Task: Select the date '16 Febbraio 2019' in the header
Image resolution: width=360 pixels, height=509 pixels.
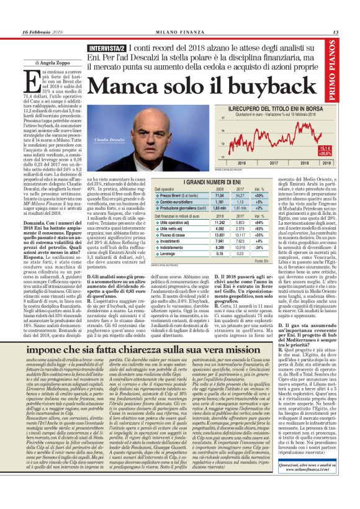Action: point(43,32)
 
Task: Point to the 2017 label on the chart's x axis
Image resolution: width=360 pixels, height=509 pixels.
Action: point(273,163)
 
